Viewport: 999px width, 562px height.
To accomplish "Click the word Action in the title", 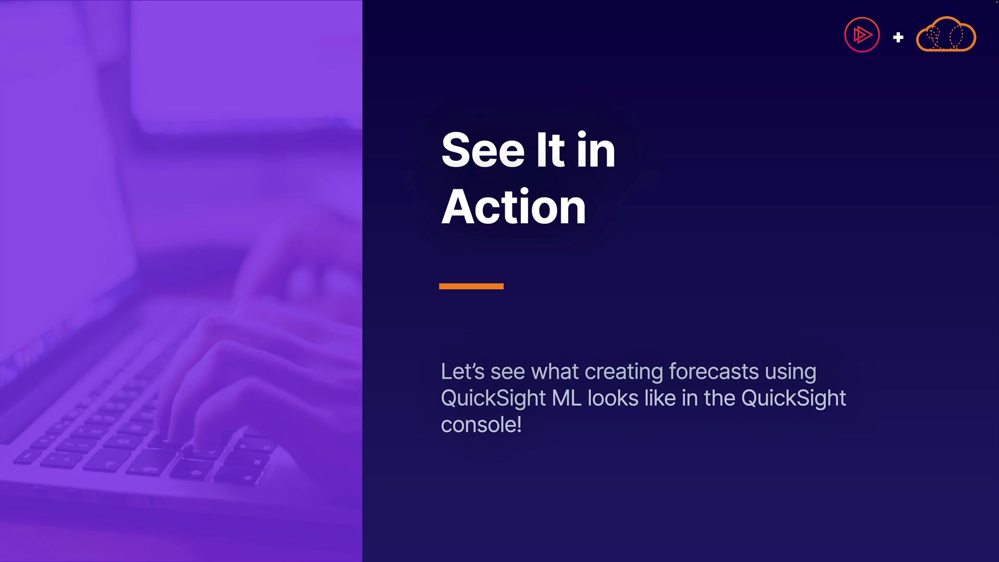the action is [514, 207].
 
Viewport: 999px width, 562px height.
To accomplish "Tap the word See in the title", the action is [483, 150].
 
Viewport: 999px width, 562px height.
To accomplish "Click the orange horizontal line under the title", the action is [471, 286].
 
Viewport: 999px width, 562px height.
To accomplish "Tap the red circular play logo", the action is [862, 35].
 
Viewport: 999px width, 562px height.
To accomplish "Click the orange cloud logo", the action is [946, 34].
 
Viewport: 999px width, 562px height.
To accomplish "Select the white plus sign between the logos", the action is [898, 37].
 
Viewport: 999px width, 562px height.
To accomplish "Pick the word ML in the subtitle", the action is [566, 398].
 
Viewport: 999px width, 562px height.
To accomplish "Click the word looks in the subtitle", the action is [613, 398].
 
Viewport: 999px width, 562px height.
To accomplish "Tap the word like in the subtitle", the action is [660, 398].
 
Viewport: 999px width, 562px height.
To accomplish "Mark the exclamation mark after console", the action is [519, 425].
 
